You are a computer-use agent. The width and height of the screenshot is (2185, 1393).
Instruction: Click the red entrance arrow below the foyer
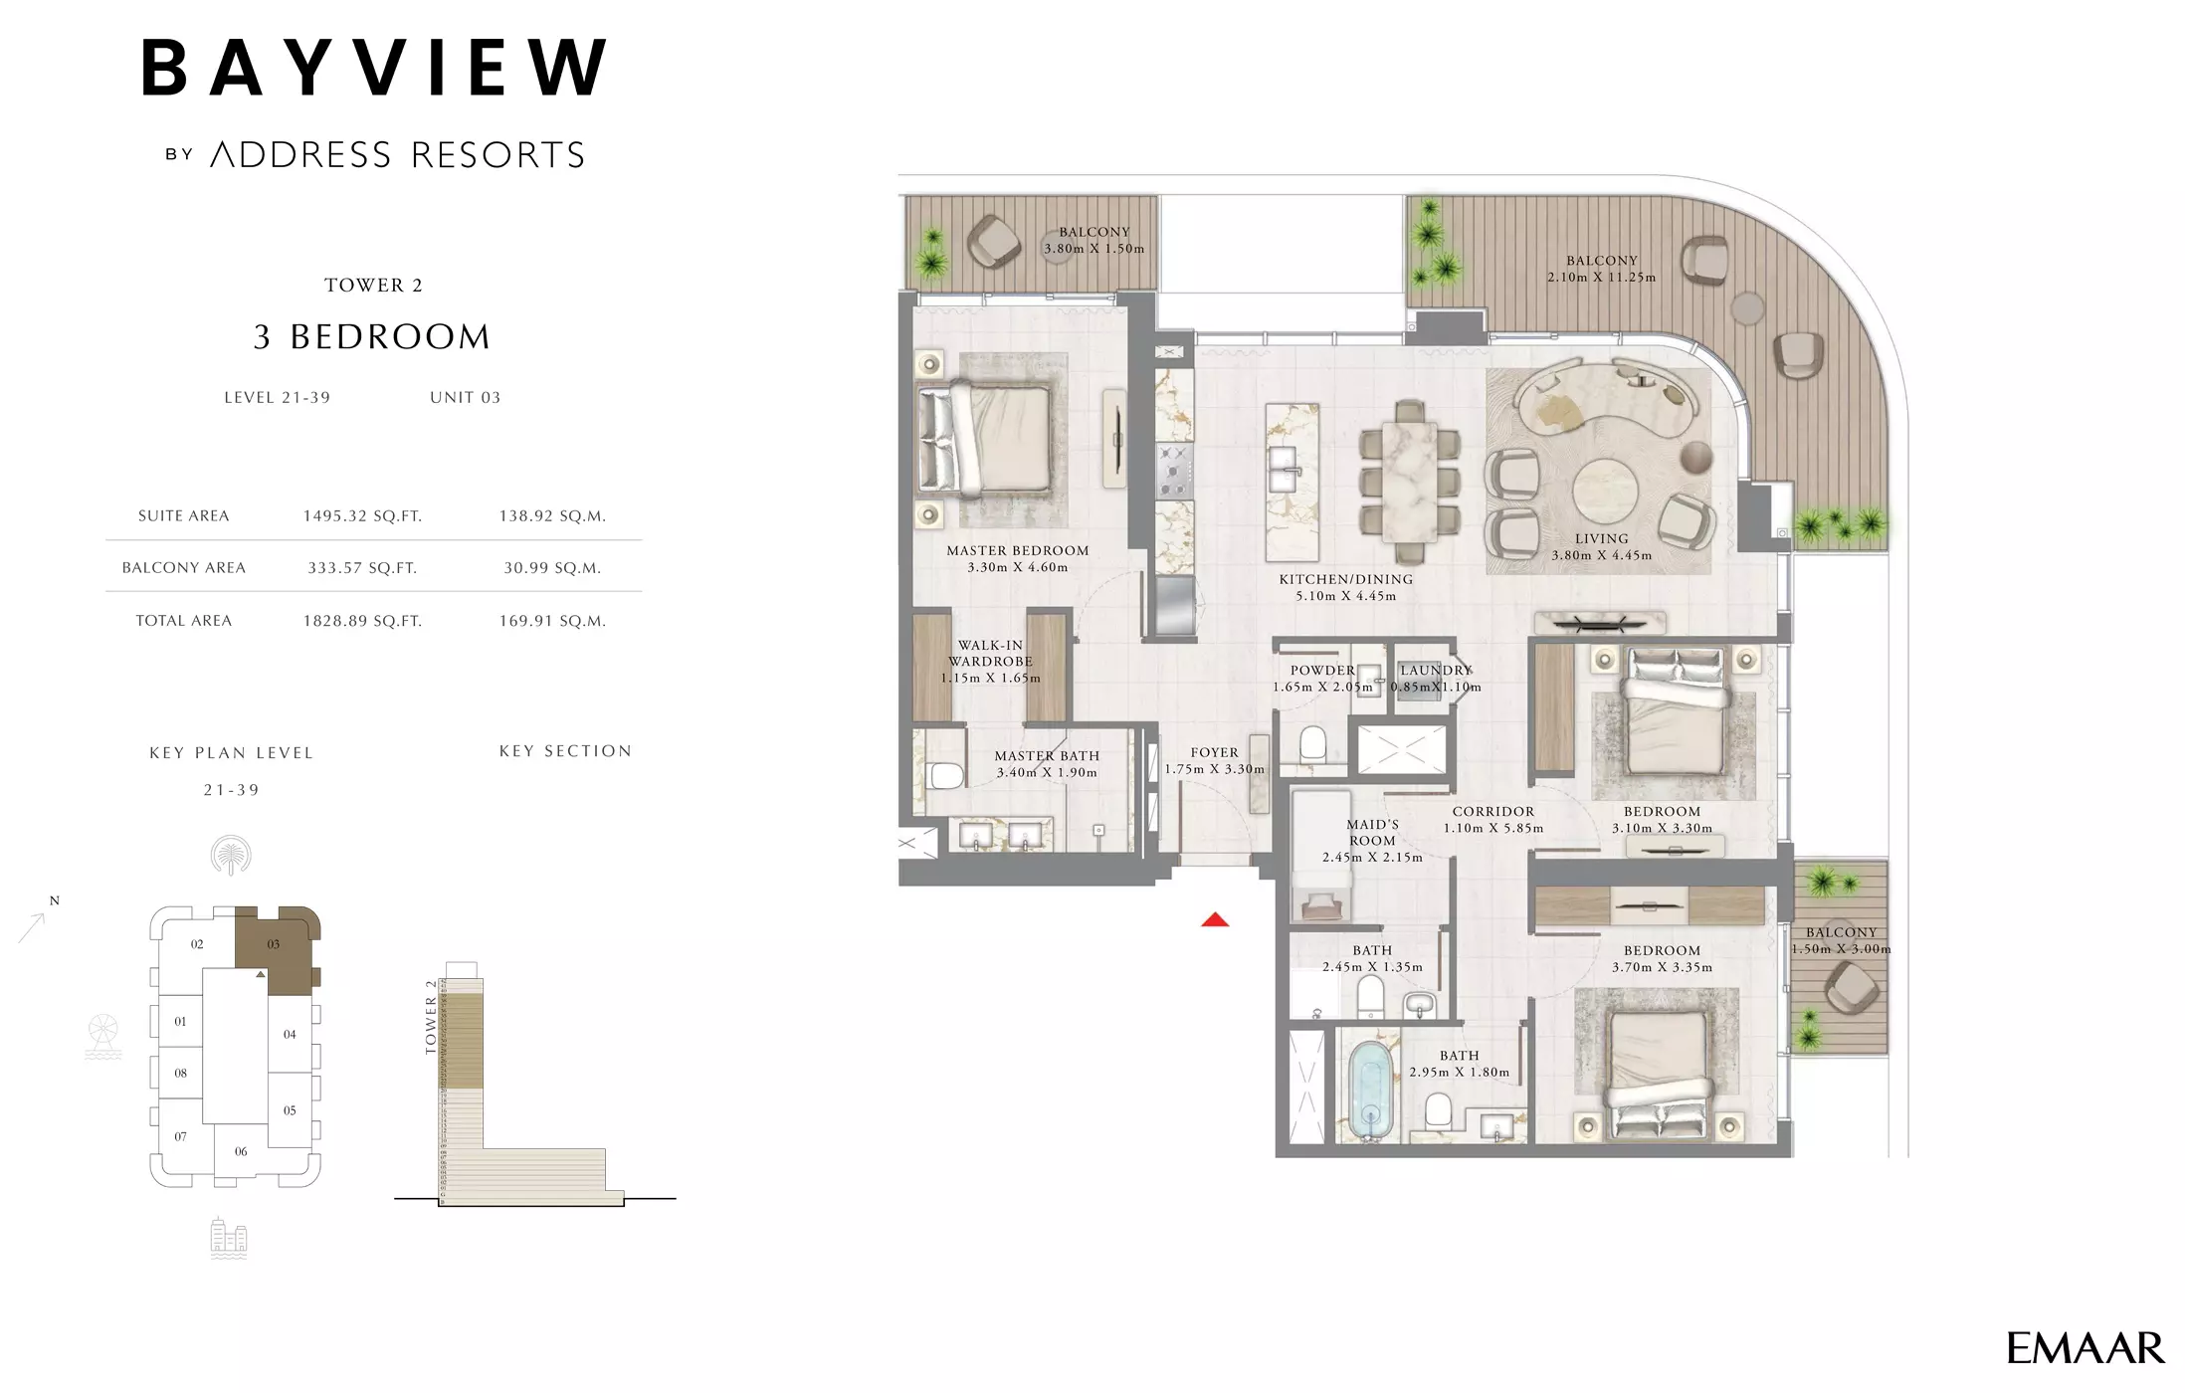pos(1214,920)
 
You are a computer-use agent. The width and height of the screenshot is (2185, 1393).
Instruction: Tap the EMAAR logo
pos(2085,1348)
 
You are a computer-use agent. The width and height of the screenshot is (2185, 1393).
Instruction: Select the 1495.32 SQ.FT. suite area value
pos(362,515)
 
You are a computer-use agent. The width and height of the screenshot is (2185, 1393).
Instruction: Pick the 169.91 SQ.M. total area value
pos(552,621)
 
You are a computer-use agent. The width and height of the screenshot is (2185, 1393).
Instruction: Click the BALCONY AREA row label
pos(183,568)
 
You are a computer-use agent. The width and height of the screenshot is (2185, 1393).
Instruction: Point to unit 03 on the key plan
pos(274,944)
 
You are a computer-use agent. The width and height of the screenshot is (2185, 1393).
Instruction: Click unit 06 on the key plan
pos(241,1151)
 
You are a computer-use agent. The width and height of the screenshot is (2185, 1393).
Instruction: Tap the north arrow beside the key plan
pos(33,925)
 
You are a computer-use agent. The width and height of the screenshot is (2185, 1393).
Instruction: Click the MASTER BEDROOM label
pos(1017,550)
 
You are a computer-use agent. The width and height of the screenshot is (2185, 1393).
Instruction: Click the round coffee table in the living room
pos(1605,490)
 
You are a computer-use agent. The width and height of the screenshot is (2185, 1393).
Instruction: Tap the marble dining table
pos(1408,482)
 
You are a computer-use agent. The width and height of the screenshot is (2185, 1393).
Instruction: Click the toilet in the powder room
pos(1312,744)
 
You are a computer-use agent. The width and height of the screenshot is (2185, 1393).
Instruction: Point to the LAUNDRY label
pos(1435,671)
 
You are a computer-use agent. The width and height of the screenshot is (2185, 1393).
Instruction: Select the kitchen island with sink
pos(1291,483)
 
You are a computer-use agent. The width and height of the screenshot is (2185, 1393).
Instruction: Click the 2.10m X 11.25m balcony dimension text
pos(1601,278)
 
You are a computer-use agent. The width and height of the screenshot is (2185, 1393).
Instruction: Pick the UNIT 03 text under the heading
pos(465,398)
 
